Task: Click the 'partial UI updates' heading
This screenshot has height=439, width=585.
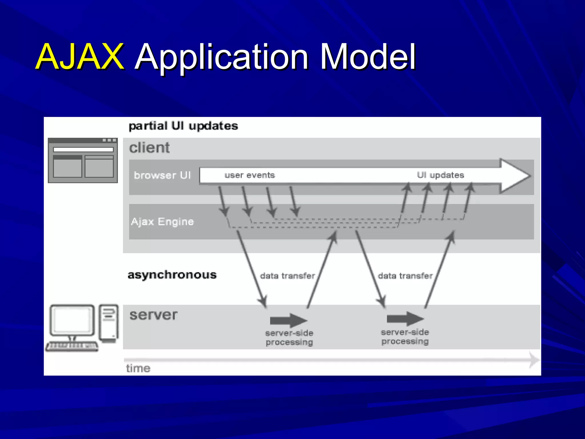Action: pyautogui.click(x=183, y=126)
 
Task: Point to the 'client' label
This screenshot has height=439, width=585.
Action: pyautogui.click(x=149, y=148)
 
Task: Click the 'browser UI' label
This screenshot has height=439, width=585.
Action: pyautogui.click(x=162, y=175)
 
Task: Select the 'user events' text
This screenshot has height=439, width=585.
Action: pyautogui.click(x=250, y=175)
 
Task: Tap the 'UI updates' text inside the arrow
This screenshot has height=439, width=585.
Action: pyautogui.click(x=440, y=175)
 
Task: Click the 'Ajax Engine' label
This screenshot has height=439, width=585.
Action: pyautogui.click(x=162, y=222)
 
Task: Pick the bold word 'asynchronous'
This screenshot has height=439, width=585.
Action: pyautogui.click(x=172, y=275)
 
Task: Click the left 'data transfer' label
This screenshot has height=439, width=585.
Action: pyautogui.click(x=287, y=276)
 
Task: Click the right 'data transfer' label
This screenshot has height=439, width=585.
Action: pyautogui.click(x=405, y=276)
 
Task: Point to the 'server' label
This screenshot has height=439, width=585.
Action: pyautogui.click(x=153, y=315)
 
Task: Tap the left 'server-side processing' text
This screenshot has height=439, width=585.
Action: pyautogui.click(x=289, y=338)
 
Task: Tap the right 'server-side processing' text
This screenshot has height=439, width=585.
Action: pyautogui.click(x=405, y=337)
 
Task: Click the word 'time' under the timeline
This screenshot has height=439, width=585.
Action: pyautogui.click(x=138, y=368)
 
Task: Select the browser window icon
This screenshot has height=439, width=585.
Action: pyautogui.click(x=83, y=160)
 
